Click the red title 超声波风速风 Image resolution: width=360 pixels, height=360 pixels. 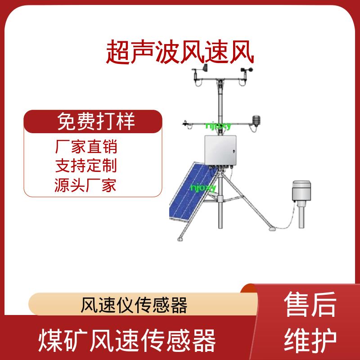point(180,52)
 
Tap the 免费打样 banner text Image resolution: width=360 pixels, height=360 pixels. point(96,121)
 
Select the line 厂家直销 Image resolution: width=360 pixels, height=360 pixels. point(86,147)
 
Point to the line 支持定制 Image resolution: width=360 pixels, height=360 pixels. point(86,165)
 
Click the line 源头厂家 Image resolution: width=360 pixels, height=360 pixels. point(85,185)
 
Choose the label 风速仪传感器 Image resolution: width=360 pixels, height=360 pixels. point(134,305)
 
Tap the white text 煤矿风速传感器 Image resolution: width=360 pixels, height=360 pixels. point(127,341)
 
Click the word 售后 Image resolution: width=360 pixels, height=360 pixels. point(310,304)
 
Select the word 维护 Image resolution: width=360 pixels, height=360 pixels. point(310,340)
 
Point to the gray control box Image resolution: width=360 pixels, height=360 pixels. point(220,150)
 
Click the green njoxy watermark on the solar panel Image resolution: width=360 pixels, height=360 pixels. point(203,188)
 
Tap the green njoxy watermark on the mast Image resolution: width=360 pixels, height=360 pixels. point(218,126)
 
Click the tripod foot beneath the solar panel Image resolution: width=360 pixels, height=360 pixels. point(180,239)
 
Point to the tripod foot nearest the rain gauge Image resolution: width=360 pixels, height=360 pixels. point(273,229)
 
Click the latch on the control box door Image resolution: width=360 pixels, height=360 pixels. point(234,151)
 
